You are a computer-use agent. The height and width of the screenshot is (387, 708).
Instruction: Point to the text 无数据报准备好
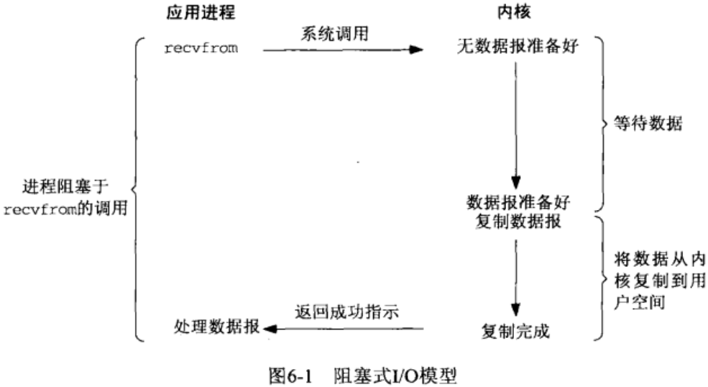coord(516,50)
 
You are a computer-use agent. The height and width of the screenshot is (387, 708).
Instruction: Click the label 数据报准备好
coord(515,201)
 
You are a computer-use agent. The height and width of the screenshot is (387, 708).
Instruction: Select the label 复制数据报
coord(515,220)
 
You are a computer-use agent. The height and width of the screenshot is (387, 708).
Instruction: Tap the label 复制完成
coord(515,332)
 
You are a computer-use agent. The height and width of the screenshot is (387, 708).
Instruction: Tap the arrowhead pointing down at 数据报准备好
coord(515,181)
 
